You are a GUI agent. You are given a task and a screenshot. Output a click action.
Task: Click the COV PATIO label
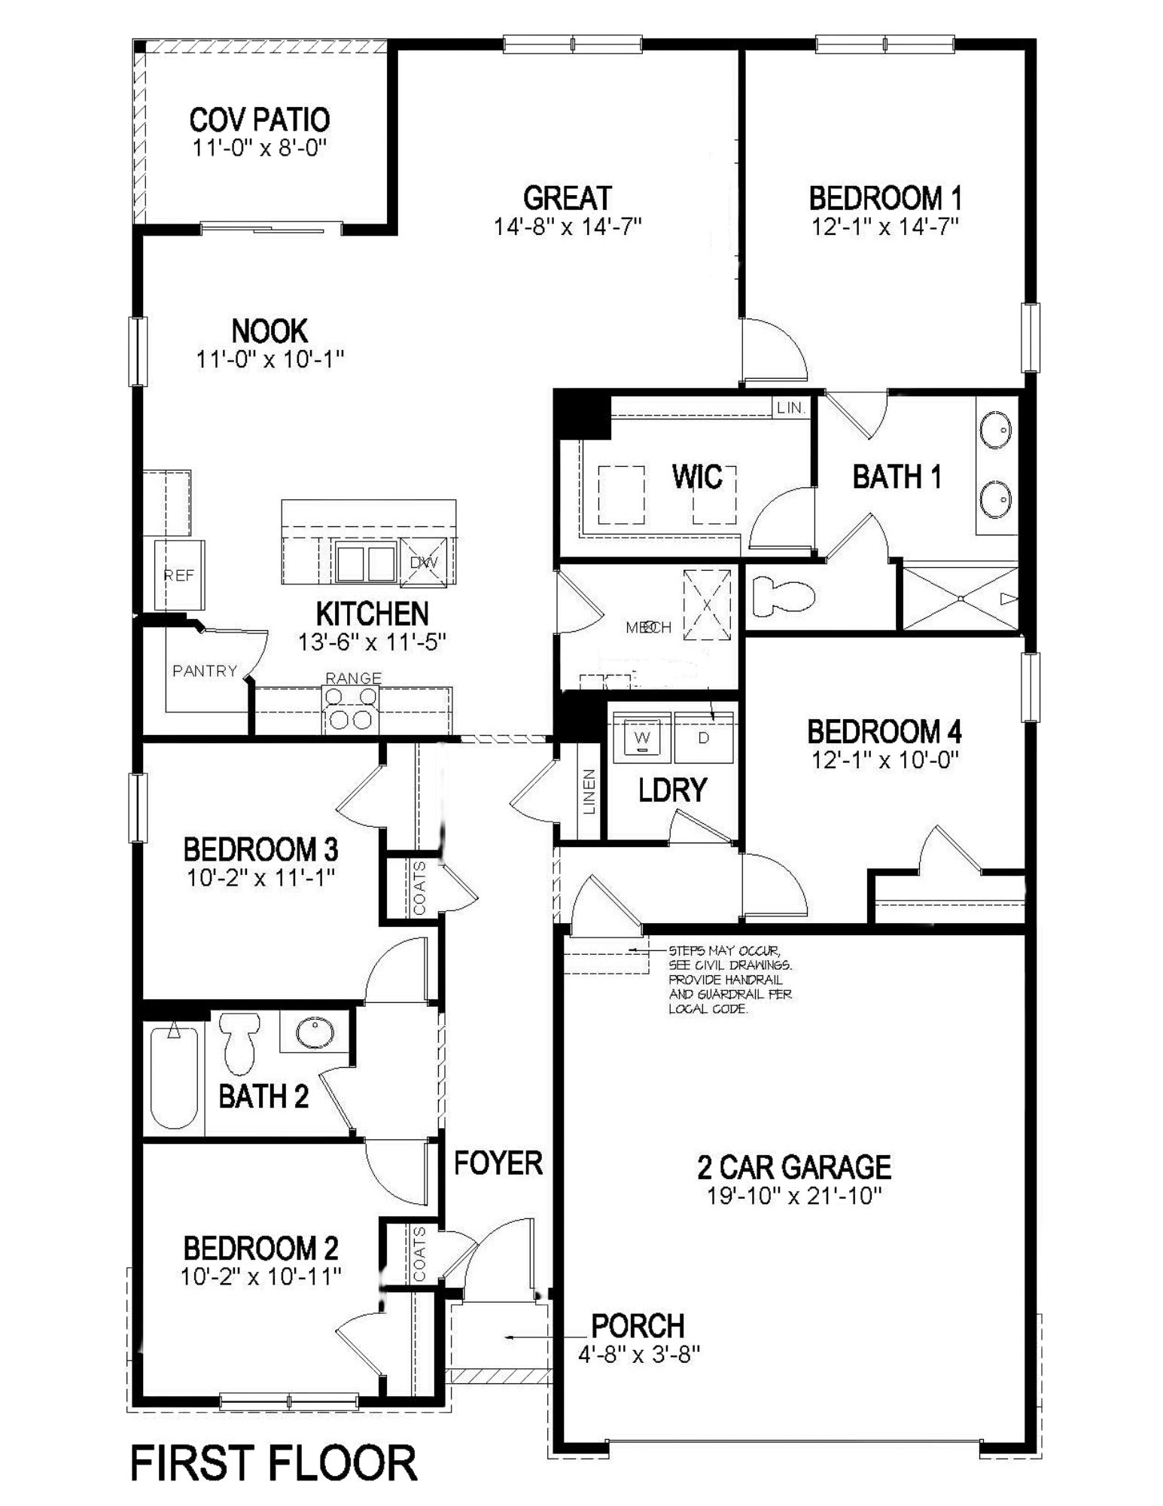coord(259,120)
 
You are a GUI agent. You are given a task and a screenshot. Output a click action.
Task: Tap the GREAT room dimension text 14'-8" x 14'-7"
coord(567,226)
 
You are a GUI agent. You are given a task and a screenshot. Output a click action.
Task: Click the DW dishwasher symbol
coord(424,562)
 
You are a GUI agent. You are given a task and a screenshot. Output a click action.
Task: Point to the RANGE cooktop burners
coord(352,709)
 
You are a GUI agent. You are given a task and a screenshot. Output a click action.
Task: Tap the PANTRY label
coord(204,671)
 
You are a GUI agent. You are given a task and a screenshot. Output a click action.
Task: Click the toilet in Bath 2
coord(239,1042)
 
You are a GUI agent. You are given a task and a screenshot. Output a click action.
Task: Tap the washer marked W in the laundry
coord(642,736)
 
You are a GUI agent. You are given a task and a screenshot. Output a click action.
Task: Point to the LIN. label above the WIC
coord(791,408)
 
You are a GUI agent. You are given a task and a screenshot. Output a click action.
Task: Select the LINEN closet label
coord(589,791)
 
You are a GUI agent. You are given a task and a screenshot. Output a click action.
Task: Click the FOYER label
coord(498,1163)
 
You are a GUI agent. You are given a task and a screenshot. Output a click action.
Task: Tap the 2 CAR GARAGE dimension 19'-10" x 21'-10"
coord(794,1196)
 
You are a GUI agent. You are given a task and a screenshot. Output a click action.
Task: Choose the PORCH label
coord(638,1325)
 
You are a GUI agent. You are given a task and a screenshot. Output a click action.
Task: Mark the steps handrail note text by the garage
coord(729,979)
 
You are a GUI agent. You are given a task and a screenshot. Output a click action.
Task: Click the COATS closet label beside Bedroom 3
coord(419,889)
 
